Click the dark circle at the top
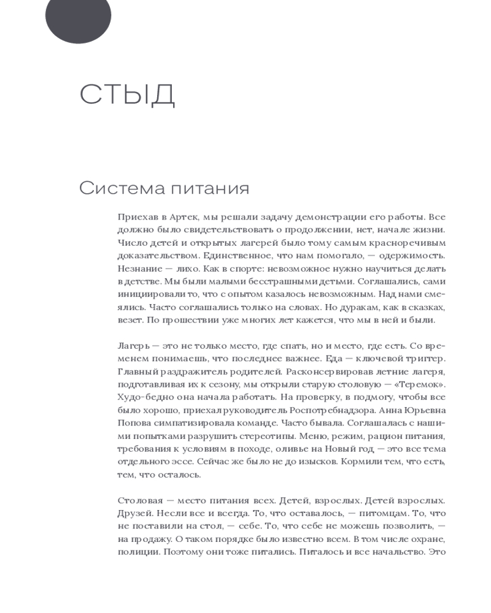tap(78, 17)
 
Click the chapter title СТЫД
tap(127, 94)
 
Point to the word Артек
tap(178, 217)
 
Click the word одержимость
tap(411, 256)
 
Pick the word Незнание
tap(136, 268)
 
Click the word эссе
tap(184, 462)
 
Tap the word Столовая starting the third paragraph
tap(138, 501)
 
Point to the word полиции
tap(135, 552)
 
